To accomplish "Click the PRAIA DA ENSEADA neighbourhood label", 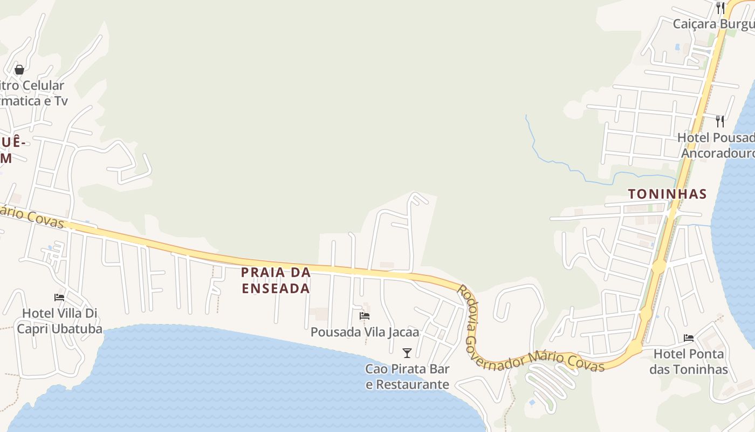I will point(276,280).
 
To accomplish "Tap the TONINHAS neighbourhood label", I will point(667,194).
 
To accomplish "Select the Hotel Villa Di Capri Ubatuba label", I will point(59,321).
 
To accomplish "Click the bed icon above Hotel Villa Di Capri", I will point(59,298).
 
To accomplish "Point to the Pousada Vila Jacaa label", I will point(365,332).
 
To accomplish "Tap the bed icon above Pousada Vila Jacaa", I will point(365,316).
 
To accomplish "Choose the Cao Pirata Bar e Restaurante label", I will point(407,376).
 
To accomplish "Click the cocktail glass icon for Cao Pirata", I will point(407,353).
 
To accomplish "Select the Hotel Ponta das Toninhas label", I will point(689,362).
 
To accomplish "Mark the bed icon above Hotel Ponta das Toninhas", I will point(689,338).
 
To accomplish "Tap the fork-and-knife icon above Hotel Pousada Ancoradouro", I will point(720,121).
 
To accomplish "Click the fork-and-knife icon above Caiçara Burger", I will point(720,8).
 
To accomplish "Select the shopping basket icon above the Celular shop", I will point(19,70).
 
